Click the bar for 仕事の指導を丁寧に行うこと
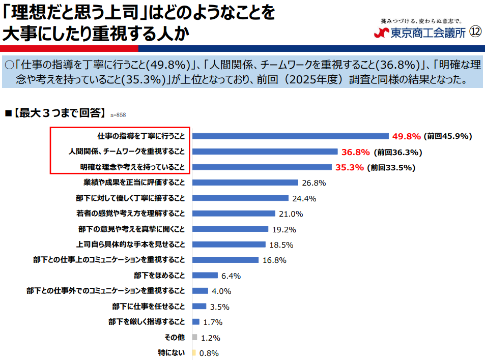click(291, 136)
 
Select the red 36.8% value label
click(355, 152)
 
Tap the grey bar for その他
click(194, 337)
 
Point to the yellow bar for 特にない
click(194, 352)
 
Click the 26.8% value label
click(314, 183)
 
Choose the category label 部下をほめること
click(159, 275)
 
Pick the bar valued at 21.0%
click(234, 213)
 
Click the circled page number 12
click(475, 32)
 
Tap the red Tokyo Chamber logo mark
click(382, 33)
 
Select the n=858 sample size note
click(118, 115)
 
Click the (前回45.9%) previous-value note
click(448, 136)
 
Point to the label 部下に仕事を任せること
click(149, 306)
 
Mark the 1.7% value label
click(213, 322)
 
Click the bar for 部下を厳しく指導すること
click(196, 322)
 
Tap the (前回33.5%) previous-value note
click(391, 168)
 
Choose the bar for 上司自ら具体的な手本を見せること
click(229, 245)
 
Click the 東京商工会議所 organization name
click(428, 33)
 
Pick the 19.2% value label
click(284, 230)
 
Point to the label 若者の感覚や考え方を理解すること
click(130, 213)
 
